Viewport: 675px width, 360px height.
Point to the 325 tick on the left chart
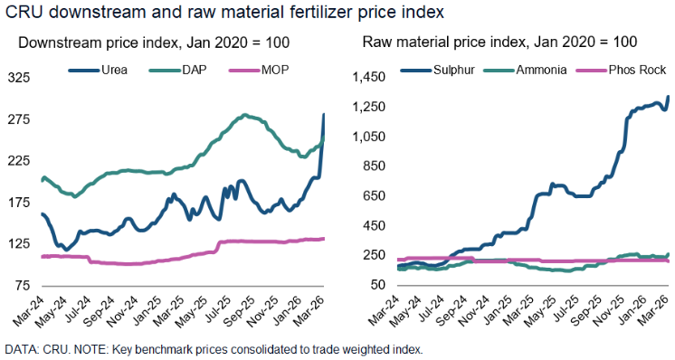coord(19,79)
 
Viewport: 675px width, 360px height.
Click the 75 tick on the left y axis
coord(23,286)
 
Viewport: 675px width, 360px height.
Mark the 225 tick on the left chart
coord(19,161)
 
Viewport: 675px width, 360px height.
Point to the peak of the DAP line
coord(245,116)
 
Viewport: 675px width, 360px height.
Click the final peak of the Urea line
coord(324,114)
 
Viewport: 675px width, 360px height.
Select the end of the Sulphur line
coord(668,97)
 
